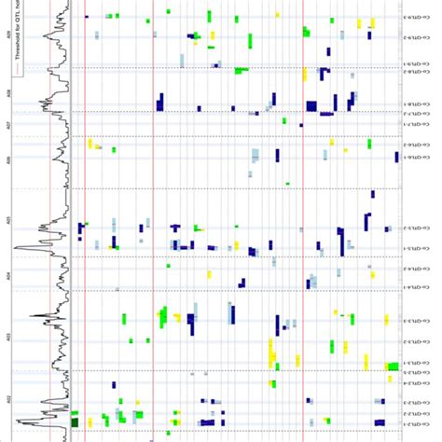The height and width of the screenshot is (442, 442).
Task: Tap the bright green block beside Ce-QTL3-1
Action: [393, 366]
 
